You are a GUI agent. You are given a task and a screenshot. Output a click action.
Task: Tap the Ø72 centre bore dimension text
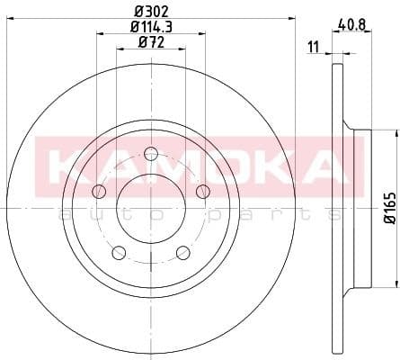click(150, 43)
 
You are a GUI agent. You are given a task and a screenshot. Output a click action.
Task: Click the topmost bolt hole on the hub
click(150, 153)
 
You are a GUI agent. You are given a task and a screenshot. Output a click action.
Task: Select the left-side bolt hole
click(99, 190)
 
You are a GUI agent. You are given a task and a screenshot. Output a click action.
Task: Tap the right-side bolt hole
click(202, 190)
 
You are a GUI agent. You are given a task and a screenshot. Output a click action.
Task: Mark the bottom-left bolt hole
click(119, 251)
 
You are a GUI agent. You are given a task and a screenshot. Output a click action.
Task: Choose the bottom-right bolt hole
click(182, 251)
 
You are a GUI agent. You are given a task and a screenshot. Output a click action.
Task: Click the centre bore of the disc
click(150, 207)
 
